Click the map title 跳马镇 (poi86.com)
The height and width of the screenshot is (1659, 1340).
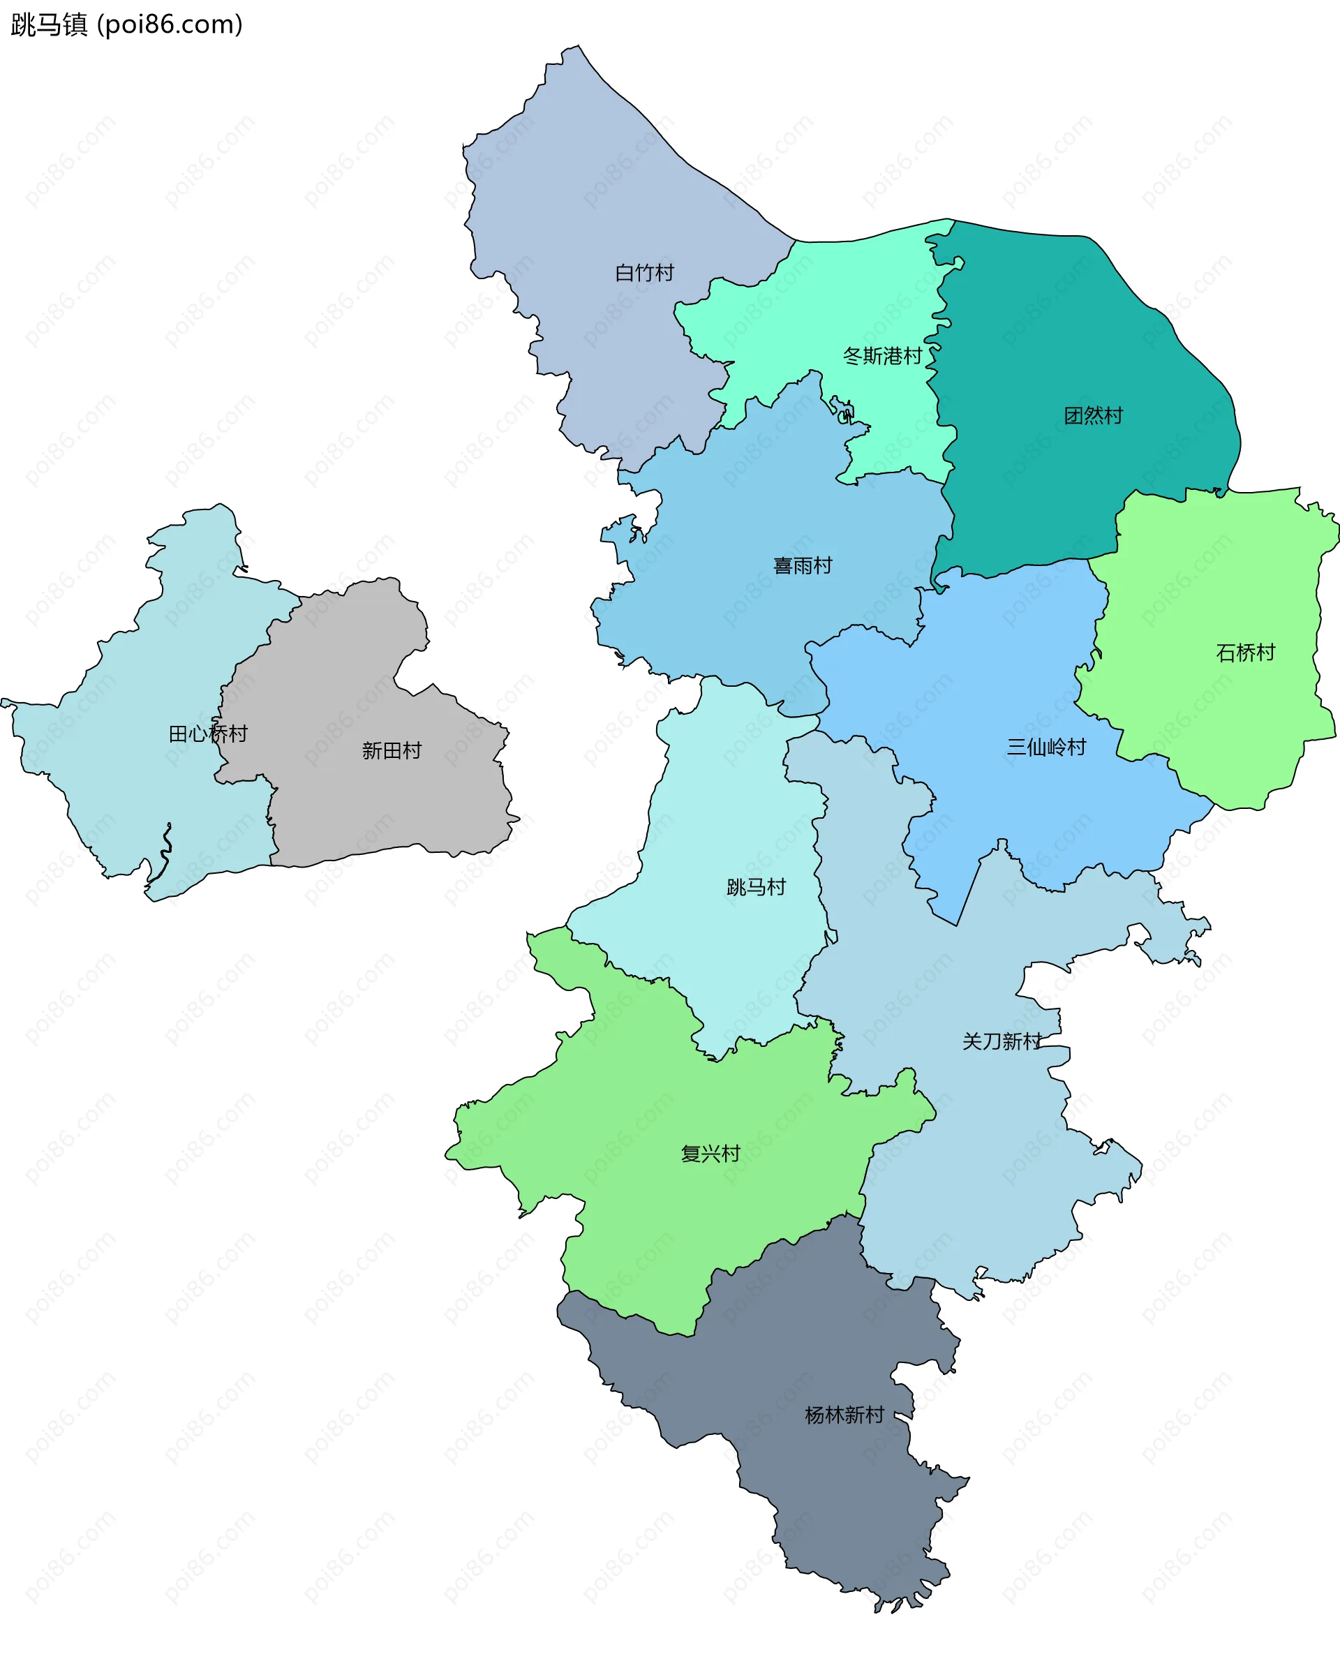[x=126, y=24]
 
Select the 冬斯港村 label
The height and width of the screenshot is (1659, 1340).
[x=882, y=356]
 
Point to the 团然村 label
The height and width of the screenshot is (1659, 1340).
[x=1093, y=416]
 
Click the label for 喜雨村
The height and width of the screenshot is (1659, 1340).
[x=803, y=566]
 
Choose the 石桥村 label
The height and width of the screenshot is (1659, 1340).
[x=1245, y=653]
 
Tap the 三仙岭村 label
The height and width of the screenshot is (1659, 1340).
[x=1046, y=747]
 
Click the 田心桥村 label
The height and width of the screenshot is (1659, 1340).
[x=208, y=734]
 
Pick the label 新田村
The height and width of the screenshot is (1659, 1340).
[x=392, y=750]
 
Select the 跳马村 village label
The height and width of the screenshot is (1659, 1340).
[x=756, y=887]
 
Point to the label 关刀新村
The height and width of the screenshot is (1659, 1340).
[x=1001, y=1041]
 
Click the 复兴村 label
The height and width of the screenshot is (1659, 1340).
[x=710, y=1154]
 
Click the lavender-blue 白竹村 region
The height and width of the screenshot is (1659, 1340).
[x=587, y=193]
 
